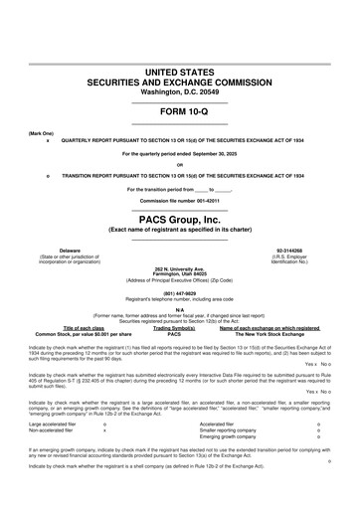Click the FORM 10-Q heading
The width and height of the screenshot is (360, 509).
(x=180, y=110)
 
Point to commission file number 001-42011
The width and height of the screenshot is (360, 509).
(x=180, y=200)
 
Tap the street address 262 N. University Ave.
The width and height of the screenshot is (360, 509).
(x=180, y=269)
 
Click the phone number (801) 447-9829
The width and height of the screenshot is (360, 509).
(x=180, y=292)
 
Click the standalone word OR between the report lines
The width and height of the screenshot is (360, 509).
(x=180, y=164)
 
